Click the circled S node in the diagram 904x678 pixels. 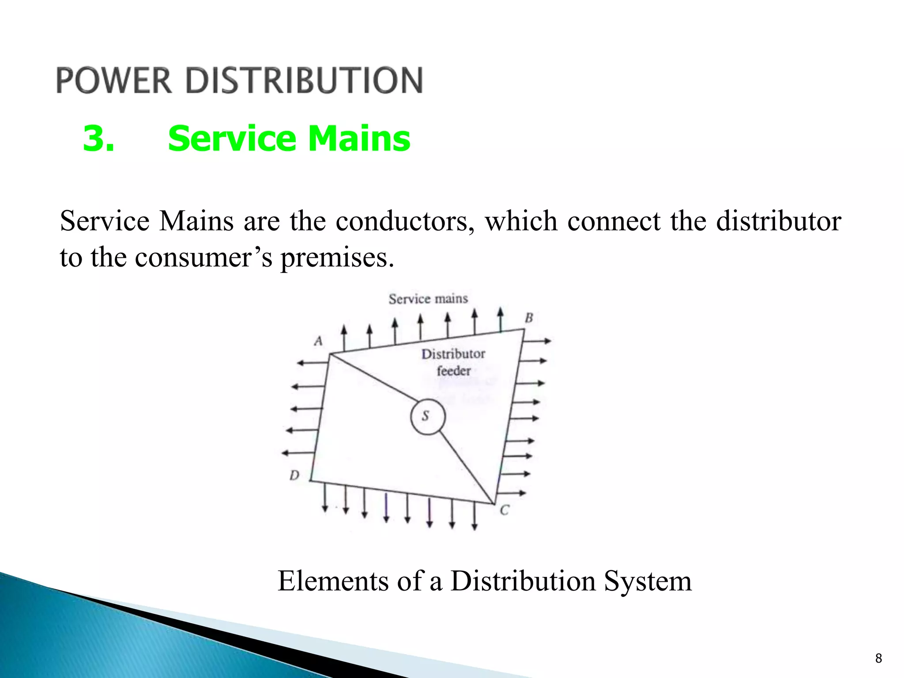click(x=427, y=416)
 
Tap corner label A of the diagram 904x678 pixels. click(x=318, y=341)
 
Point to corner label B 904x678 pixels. click(x=529, y=318)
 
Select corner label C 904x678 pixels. click(x=504, y=511)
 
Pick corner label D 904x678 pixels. click(x=294, y=475)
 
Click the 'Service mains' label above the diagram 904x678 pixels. click(x=428, y=299)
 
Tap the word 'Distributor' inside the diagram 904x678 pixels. click(x=453, y=354)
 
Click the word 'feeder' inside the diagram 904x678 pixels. click(x=454, y=371)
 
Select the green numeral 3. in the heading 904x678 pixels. click(x=98, y=139)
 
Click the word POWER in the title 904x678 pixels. click(x=114, y=80)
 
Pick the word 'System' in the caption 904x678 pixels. click(x=648, y=581)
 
